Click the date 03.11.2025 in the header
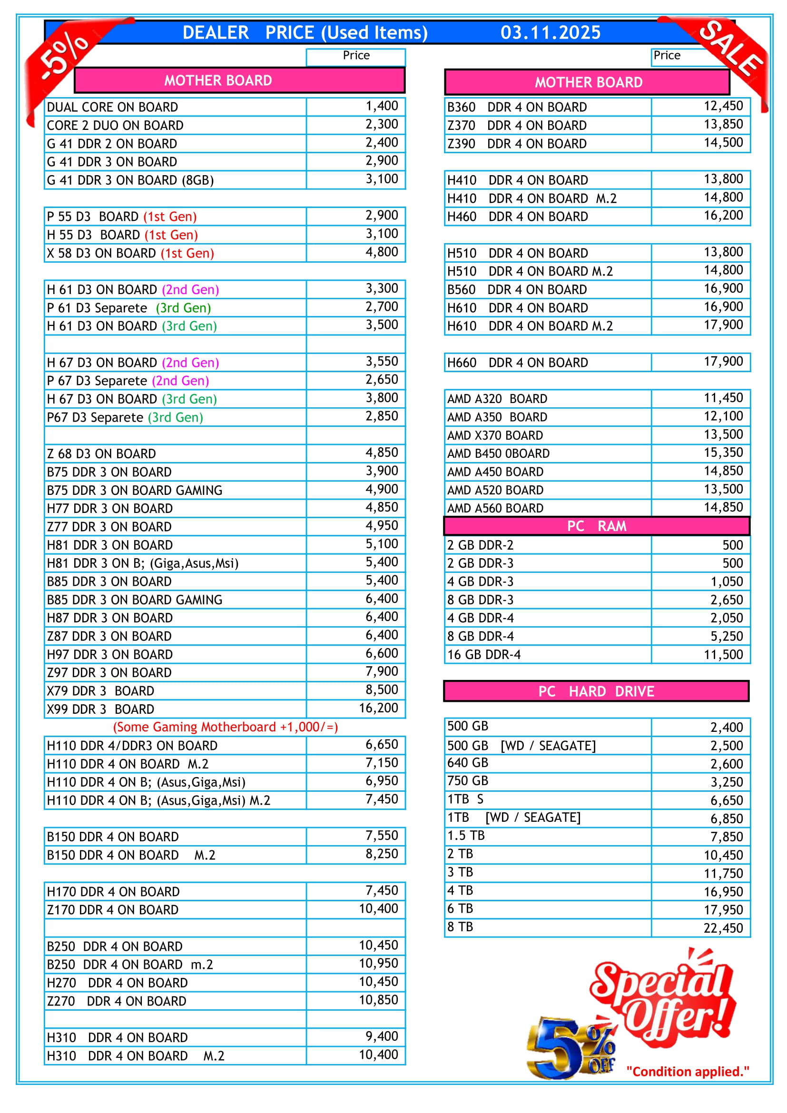(x=550, y=32)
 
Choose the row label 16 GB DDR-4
(x=483, y=655)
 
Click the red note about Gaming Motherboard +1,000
(x=226, y=727)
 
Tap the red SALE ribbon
(x=730, y=49)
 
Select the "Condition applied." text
(x=687, y=1072)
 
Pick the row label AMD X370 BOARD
(x=495, y=436)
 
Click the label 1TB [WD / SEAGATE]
(x=513, y=818)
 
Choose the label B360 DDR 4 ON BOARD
(x=517, y=107)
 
